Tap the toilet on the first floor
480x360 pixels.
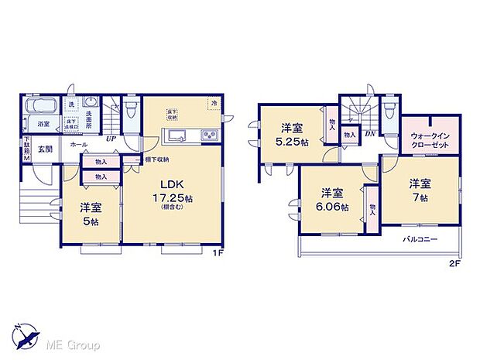pyautogui.click(x=132, y=105)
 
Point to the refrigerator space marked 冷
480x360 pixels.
pyautogui.click(x=211, y=103)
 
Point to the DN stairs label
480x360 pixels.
pyautogui.click(x=370, y=132)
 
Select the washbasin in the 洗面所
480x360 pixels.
pyautogui.click(x=90, y=104)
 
